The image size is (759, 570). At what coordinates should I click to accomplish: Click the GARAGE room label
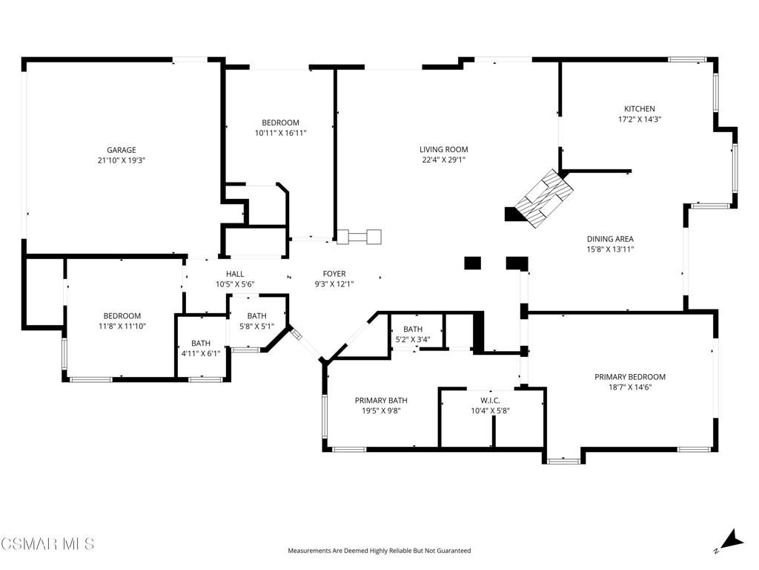pyautogui.click(x=122, y=150)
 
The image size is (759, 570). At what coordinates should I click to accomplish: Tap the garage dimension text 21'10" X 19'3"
pyautogui.click(x=122, y=160)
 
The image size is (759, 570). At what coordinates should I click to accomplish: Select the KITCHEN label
pyautogui.click(x=640, y=109)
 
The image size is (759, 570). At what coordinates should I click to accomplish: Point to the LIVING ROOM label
pyautogui.click(x=444, y=150)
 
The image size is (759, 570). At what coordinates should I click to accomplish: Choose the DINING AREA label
pyautogui.click(x=611, y=239)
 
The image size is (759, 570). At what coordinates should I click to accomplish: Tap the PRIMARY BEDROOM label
pyautogui.click(x=630, y=377)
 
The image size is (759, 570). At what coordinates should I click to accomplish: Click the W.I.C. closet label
pyautogui.click(x=491, y=401)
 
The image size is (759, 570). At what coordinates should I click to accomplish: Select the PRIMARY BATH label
pyautogui.click(x=381, y=400)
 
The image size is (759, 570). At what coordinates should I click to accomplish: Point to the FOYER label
pyautogui.click(x=334, y=274)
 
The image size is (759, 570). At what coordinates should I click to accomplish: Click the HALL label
pyautogui.click(x=235, y=274)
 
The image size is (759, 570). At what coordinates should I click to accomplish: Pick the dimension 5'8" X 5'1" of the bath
pyautogui.click(x=256, y=327)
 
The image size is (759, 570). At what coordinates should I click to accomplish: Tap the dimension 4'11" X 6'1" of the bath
pyautogui.click(x=201, y=354)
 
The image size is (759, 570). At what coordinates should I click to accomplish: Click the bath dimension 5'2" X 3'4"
pyautogui.click(x=413, y=340)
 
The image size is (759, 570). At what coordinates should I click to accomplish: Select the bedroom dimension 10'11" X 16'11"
pyautogui.click(x=281, y=134)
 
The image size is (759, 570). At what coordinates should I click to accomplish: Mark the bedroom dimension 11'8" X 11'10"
pyautogui.click(x=122, y=327)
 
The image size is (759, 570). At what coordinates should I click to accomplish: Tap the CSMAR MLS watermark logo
pyautogui.click(x=47, y=543)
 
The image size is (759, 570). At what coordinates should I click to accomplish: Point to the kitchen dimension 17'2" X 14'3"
pyautogui.click(x=640, y=119)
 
